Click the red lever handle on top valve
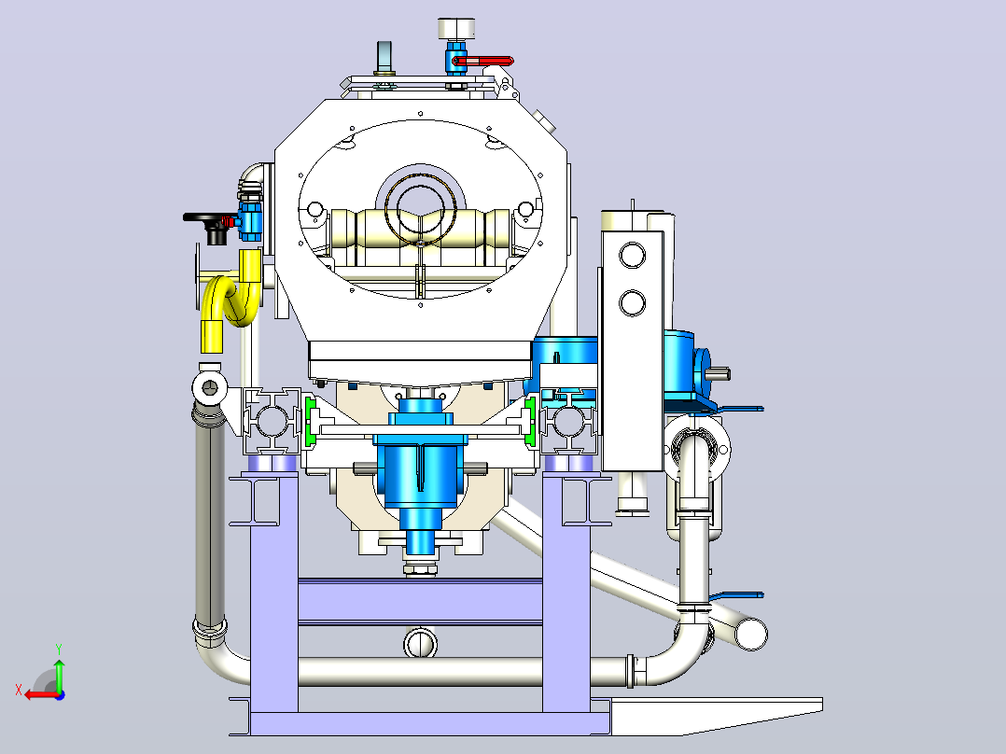click(x=483, y=61)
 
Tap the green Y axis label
click(x=59, y=649)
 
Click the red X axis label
click(x=19, y=691)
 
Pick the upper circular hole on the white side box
click(x=633, y=255)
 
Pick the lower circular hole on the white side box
click(x=633, y=302)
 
